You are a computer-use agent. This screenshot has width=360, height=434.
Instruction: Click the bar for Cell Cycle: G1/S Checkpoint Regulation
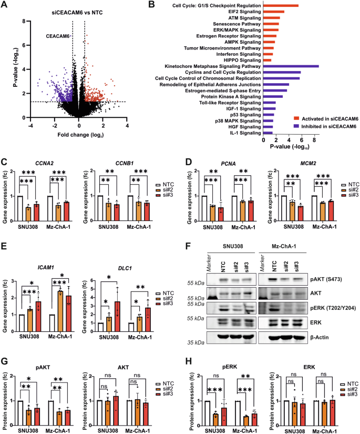[x=281, y=6]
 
